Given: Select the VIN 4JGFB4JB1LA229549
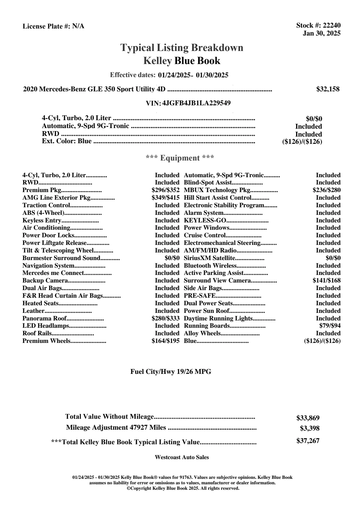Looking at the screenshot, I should click(196, 103).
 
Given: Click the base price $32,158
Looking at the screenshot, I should click(328, 89).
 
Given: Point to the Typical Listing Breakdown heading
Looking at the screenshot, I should click(182, 48).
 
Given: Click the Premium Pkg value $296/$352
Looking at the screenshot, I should click(165, 190).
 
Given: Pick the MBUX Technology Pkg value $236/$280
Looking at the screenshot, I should click(326, 190).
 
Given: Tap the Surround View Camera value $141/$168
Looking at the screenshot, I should click(326, 280).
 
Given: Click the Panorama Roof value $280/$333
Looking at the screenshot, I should click(165, 318).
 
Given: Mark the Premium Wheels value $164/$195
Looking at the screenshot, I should click(165, 341).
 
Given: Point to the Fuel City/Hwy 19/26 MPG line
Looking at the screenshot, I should click(171, 371).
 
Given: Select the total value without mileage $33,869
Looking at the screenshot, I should click(308, 418).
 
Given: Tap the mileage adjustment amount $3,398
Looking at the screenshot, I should click(309, 428).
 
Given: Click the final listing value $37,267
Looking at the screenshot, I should click(308, 441).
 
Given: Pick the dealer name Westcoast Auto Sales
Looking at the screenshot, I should click(182, 457).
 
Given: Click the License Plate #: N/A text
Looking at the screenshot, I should click(53, 26).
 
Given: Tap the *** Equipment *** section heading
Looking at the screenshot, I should click(180, 158).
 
